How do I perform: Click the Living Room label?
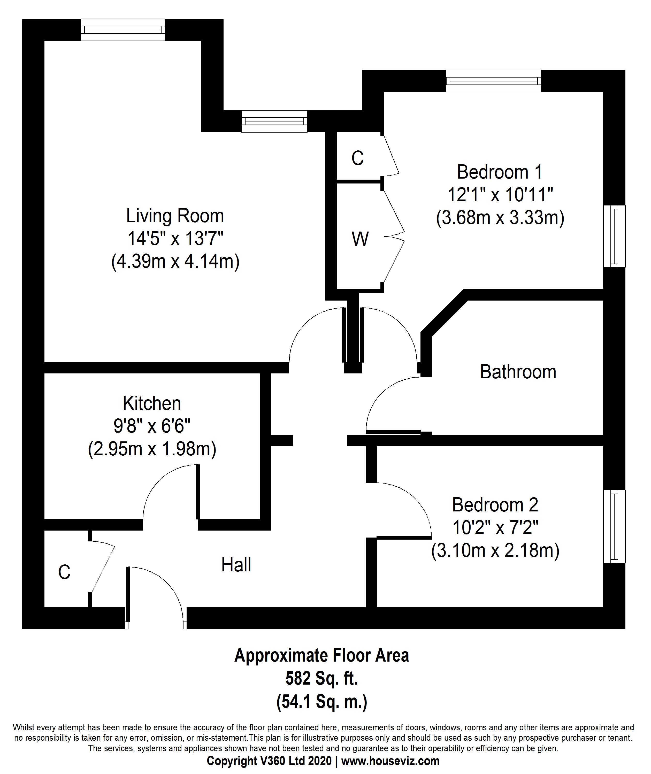click(175, 216)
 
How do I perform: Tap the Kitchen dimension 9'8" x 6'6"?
click(152, 427)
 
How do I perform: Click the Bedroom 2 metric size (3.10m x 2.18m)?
click(495, 551)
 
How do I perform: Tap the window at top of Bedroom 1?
click(493, 81)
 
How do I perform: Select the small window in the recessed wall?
click(274, 121)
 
